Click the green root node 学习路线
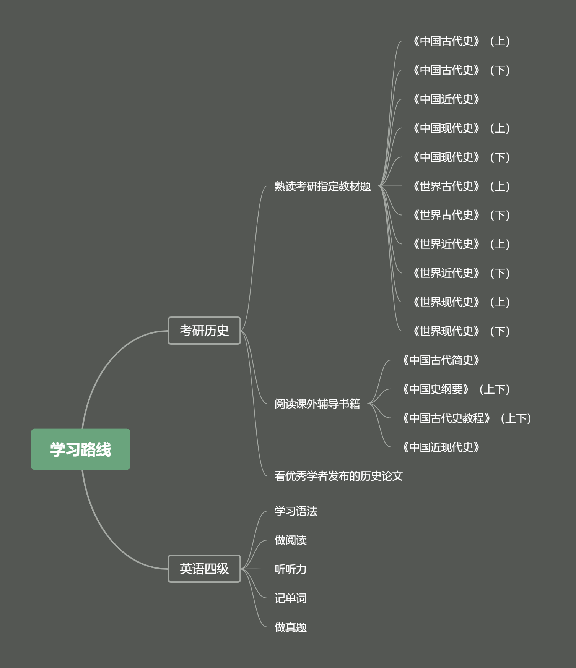pyautogui.click(x=80, y=449)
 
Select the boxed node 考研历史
pyautogui.click(x=204, y=331)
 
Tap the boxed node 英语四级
pyautogui.click(x=204, y=569)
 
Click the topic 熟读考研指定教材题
pyautogui.click(x=322, y=186)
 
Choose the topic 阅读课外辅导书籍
pyautogui.click(x=317, y=404)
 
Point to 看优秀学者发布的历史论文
pyautogui.click(x=338, y=476)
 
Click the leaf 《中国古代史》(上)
pyautogui.click(x=461, y=41)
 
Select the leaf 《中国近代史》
pyautogui.click(x=446, y=99)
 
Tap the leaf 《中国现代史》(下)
pyautogui.click(x=461, y=157)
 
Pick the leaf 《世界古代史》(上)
pyautogui.click(x=461, y=186)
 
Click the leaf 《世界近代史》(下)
pyautogui.click(x=461, y=273)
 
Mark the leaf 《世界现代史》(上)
pyautogui.click(x=461, y=302)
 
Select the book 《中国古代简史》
pyautogui.click(x=441, y=360)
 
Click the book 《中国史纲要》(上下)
pyautogui.click(x=456, y=389)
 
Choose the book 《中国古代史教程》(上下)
pyautogui.click(x=466, y=418)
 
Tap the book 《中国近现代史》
pyautogui.click(x=441, y=447)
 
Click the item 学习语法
pyautogui.click(x=296, y=511)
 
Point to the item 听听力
pyautogui.click(x=290, y=569)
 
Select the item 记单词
pyautogui.click(x=290, y=598)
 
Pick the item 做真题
pyautogui.click(x=290, y=627)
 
